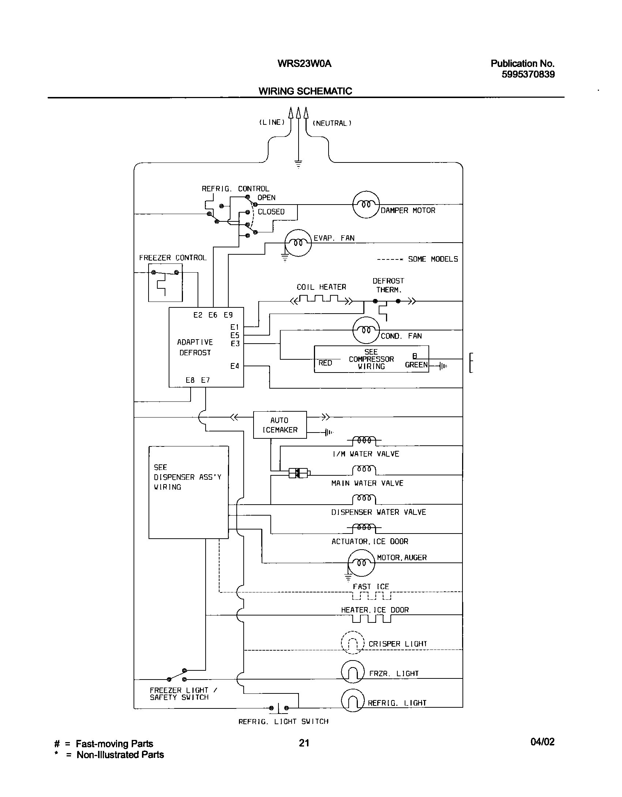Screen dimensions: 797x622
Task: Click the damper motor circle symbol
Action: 366,205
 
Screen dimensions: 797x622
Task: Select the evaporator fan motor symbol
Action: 298,243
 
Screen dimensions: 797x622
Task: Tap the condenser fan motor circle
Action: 366,330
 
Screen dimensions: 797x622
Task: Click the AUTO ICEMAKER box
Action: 280,425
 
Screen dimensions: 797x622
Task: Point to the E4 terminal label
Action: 235,366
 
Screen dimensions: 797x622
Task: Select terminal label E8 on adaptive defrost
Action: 190,380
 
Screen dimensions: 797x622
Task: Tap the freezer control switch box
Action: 165,282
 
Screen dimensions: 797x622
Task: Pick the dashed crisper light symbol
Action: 353,643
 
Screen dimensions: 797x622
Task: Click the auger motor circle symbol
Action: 361,563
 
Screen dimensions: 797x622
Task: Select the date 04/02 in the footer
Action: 542,742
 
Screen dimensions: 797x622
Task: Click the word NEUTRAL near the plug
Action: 331,124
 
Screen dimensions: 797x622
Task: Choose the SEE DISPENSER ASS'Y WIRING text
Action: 187,477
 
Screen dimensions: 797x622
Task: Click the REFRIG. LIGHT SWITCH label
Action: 283,722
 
